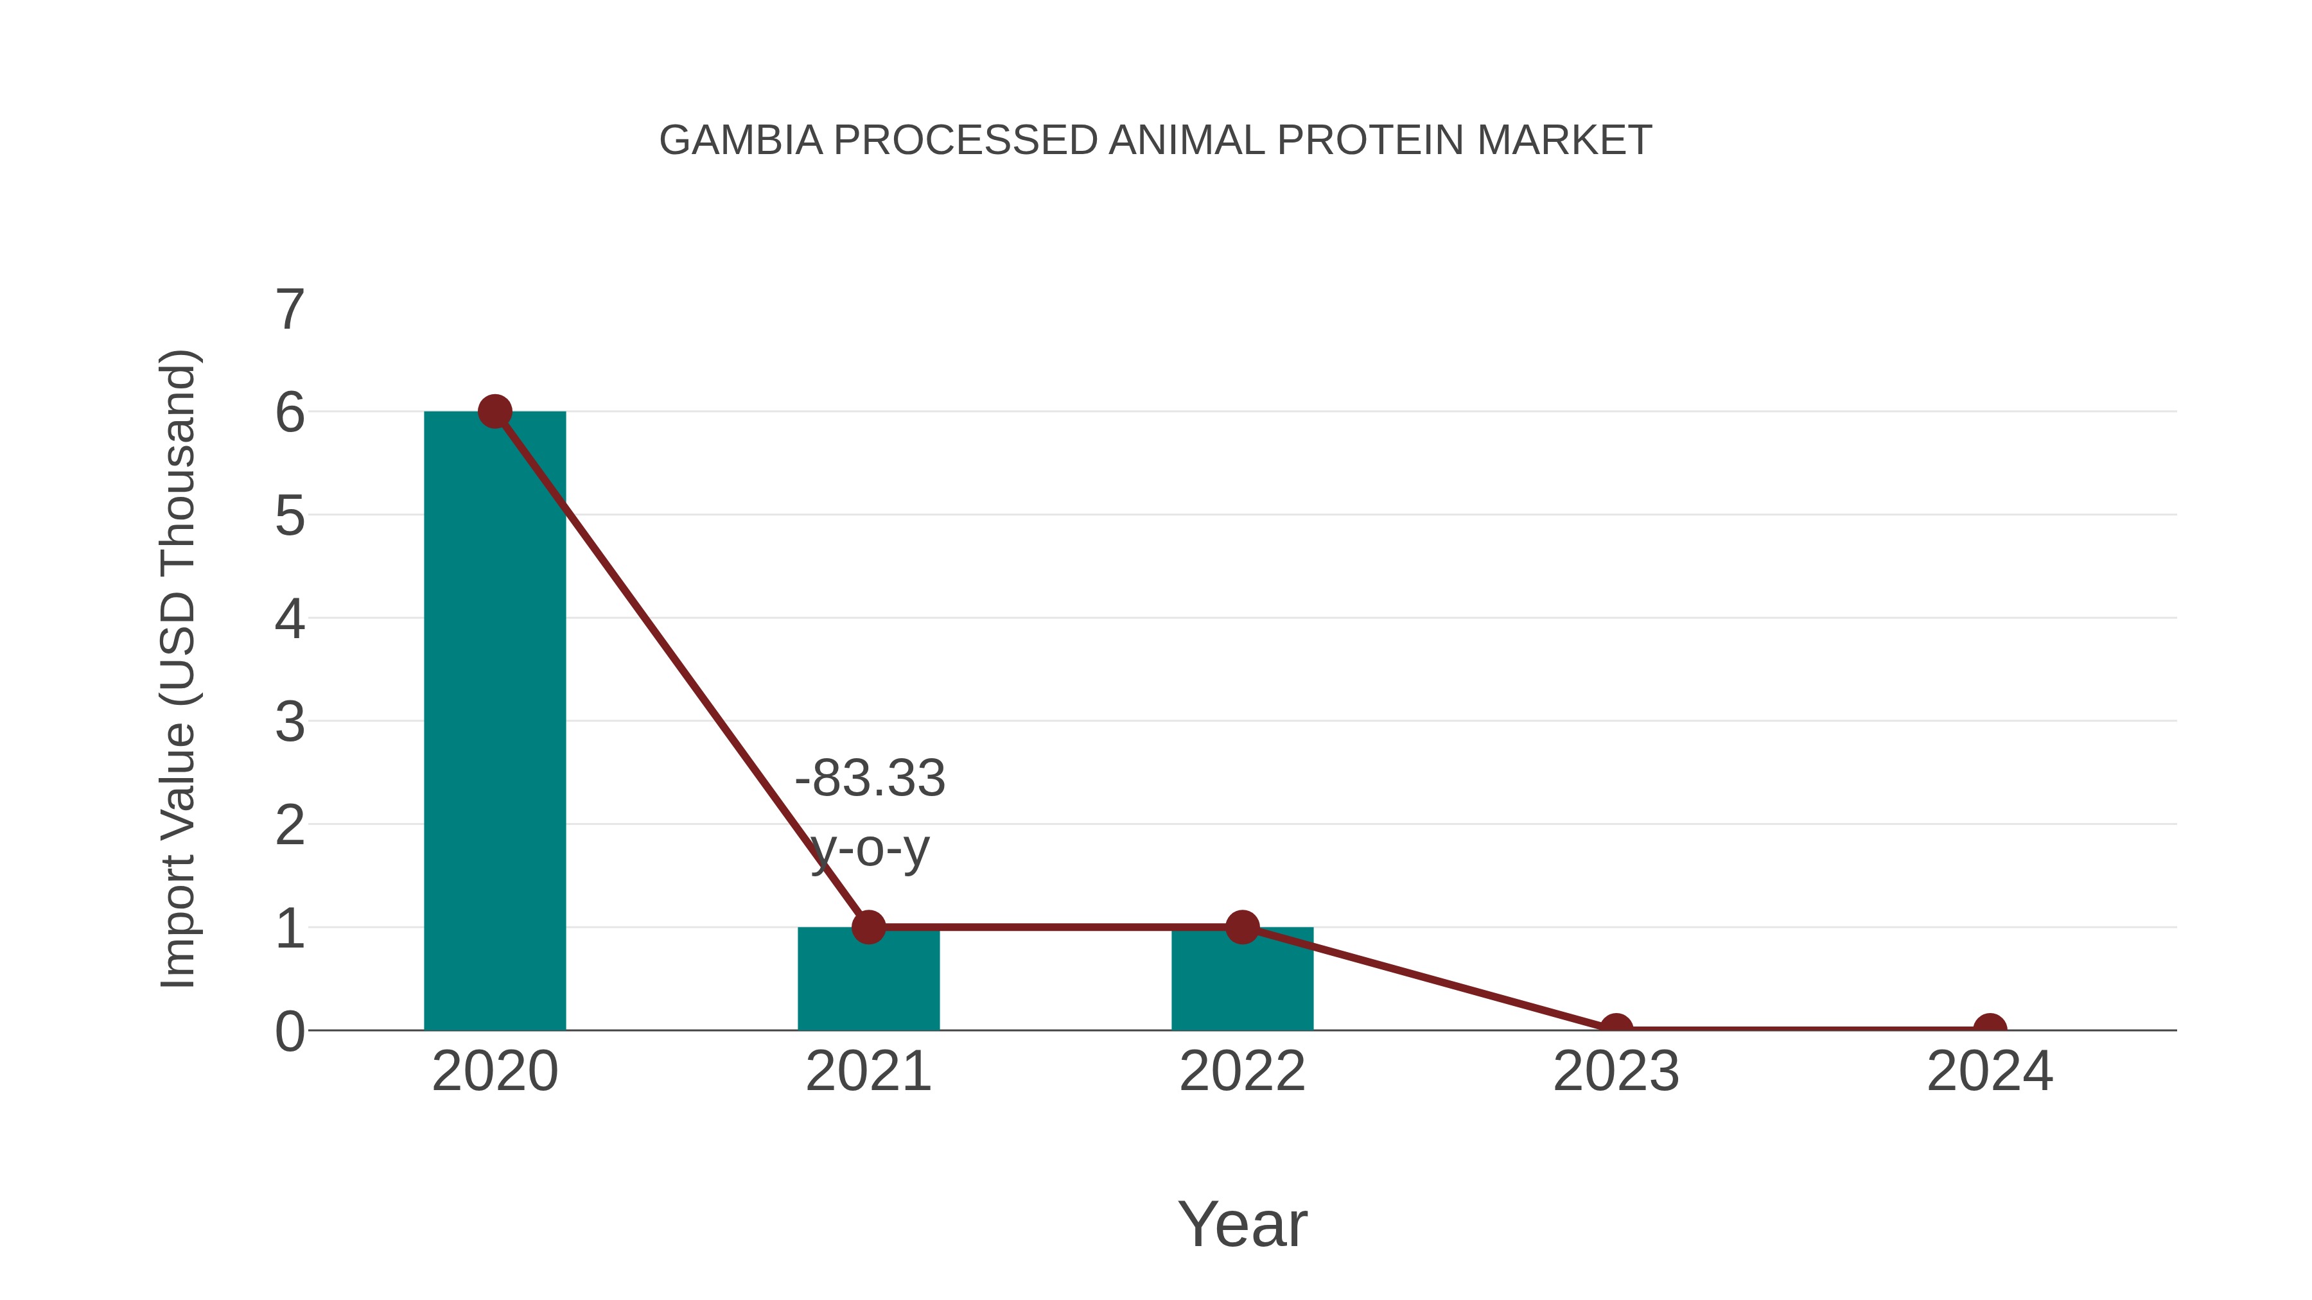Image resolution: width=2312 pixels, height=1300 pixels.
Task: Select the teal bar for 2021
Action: coord(868,982)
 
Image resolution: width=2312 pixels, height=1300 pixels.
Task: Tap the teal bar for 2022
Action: coord(1241,982)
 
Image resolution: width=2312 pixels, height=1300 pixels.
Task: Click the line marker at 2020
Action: coord(495,412)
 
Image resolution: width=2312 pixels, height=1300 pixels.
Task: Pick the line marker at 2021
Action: coord(868,927)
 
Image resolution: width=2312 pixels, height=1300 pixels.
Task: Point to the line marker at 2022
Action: coord(1241,927)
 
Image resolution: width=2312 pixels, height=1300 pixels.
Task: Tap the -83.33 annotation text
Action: coord(870,778)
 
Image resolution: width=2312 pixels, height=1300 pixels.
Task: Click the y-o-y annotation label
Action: coord(870,849)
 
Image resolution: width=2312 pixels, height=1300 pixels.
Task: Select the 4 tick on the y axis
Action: coord(290,619)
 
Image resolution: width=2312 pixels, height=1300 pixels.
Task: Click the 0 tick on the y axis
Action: coord(290,1032)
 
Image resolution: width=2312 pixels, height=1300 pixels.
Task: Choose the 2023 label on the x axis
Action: coord(1616,1071)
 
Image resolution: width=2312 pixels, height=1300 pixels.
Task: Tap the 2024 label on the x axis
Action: coord(1990,1071)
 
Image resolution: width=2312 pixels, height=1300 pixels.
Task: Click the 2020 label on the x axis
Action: coord(495,1071)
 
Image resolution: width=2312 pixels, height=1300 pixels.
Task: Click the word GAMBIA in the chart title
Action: coord(740,141)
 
